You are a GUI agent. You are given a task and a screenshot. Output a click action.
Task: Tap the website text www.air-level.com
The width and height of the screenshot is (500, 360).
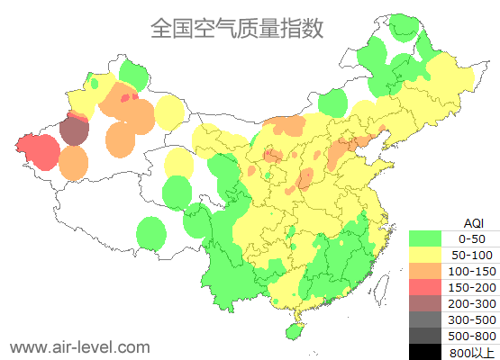(x=79, y=346)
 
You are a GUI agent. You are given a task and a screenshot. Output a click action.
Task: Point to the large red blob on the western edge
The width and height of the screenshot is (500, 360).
(x=38, y=150)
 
